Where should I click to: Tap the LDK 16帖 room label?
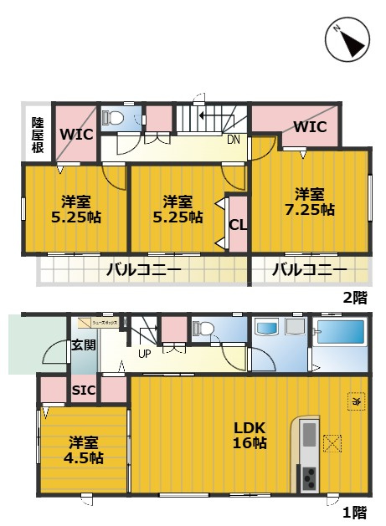pos(250,434)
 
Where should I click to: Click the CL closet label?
pos(237,223)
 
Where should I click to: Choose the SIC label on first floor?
pos(82,390)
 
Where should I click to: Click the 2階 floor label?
pos(354,296)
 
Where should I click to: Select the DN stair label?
pos(234,140)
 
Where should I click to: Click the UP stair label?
pos(144,353)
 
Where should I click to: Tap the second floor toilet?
pos(116,117)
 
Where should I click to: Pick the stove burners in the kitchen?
pos(309,478)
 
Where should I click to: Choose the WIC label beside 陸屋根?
pos(76,134)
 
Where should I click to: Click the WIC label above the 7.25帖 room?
pos(310,127)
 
